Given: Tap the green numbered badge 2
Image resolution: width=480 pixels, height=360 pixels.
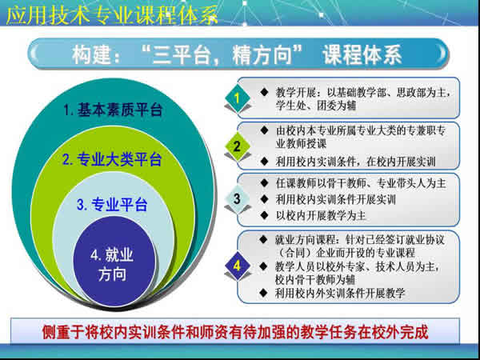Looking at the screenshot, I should click(x=237, y=146).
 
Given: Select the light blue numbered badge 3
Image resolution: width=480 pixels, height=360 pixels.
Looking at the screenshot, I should click(x=237, y=197).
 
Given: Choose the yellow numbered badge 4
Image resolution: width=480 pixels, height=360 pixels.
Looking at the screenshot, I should click(x=237, y=263).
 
